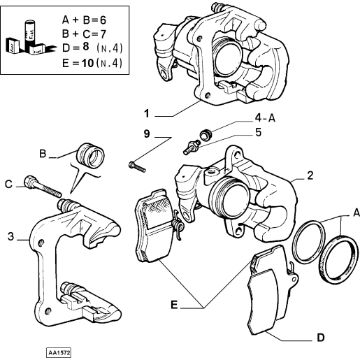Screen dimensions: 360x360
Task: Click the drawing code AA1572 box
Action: tap(59, 353)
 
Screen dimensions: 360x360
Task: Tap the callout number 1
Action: tap(147, 114)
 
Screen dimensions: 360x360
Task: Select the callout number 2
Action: tap(310, 175)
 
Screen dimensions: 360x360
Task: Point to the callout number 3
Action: tap(10, 236)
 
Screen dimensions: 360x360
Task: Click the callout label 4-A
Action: tap(265, 118)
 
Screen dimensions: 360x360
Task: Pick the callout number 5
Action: tap(259, 132)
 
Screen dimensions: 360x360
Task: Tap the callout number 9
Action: tap(147, 134)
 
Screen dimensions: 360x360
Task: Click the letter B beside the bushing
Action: tap(43, 154)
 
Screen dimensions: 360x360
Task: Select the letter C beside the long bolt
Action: tap(8, 185)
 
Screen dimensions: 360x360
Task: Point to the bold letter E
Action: tap(174, 305)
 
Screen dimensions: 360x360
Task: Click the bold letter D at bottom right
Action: tap(321, 338)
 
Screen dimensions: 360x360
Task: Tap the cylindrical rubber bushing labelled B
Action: tap(90, 156)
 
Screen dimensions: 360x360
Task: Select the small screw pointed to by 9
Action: tap(137, 166)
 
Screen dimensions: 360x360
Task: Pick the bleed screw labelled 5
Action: tap(192, 147)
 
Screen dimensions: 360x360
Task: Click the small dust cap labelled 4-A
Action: tap(206, 136)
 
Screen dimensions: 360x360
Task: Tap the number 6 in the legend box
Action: tap(103, 20)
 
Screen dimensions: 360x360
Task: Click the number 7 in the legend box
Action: tap(103, 34)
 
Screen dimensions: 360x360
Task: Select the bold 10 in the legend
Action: tap(88, 63)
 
